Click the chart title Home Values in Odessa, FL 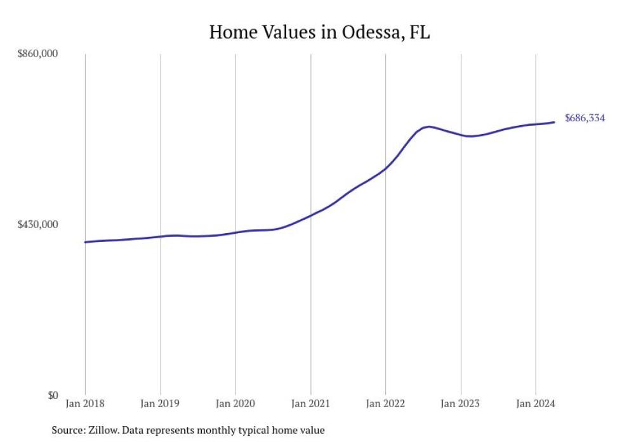click(x=319, y=32)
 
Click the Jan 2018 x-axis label click(x=85, y=404)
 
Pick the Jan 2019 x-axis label click(x=160, y=404)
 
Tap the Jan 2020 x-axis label click(x=235, y=404)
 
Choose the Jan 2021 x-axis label click(x=310, y=404)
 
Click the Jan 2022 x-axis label click(x=385, y=404)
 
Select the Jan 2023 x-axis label click(x=461, y=404)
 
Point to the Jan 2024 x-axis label click(x=536, y=404)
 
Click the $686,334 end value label click(x=585, y=118)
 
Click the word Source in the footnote click(x=66, y=431)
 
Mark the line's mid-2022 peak click(x=430, y=126)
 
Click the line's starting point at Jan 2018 click(x=85, y=242)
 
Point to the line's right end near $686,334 click(x=555, y=122)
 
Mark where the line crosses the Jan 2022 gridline click(x=385, y=169)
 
